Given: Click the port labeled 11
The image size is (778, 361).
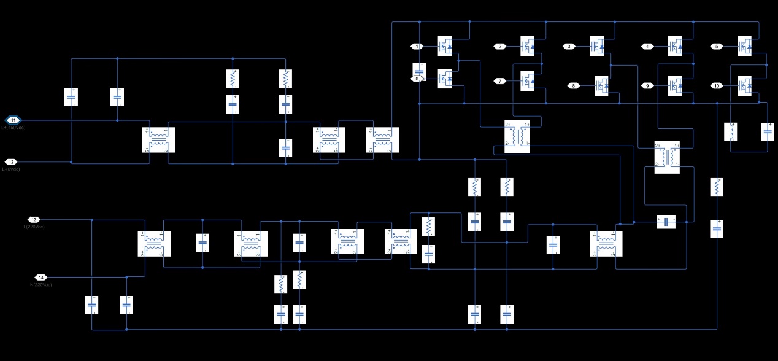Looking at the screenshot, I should point(13,120).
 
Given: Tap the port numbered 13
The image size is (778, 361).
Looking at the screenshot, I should point(34,219).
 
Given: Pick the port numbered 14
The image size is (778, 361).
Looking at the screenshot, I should point(40,277).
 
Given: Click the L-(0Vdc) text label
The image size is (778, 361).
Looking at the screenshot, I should point(11,169).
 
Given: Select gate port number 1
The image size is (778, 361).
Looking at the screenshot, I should point(417,46).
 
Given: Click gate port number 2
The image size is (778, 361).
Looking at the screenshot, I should point(500,46).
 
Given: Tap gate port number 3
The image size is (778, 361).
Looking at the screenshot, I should point(569,46).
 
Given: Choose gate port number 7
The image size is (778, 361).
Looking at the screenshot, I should point(500,80).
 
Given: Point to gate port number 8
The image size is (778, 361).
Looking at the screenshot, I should point(574,85).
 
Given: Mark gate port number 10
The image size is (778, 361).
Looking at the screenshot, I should point(717,85).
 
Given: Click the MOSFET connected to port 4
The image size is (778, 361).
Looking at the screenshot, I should point(676,46).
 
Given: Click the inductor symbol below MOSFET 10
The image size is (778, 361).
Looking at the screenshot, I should point(731,132).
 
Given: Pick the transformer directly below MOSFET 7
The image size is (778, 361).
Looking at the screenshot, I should point(517,137).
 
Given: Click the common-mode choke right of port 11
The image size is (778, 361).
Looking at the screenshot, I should point(158,139).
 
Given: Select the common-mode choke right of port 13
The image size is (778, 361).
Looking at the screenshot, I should point(153,243).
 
